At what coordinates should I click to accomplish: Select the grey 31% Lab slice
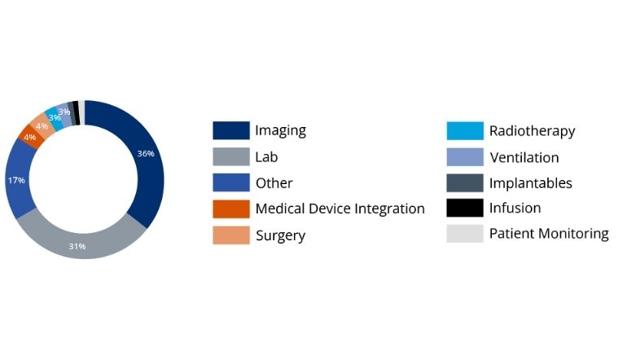90,241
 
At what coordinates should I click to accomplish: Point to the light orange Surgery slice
40,125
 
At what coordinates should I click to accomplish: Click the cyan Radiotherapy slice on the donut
54,117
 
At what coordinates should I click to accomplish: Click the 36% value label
146,154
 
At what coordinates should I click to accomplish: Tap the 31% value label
77,246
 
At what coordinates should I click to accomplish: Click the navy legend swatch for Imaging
230,130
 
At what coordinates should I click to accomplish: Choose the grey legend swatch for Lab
230,156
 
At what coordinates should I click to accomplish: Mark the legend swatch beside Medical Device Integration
230,209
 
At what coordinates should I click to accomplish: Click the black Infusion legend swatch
465,208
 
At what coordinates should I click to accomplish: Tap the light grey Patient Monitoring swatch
465,234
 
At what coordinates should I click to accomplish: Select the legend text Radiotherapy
532,130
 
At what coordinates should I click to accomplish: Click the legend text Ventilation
524,156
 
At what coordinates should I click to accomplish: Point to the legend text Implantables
530,182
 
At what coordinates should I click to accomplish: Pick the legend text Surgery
280,235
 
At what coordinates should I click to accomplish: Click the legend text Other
274,182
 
